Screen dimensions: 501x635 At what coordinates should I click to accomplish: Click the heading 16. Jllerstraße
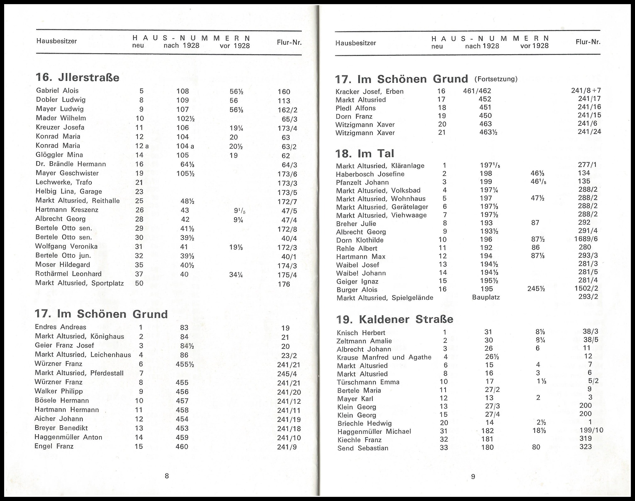pyautogui.click(x=77, y=77)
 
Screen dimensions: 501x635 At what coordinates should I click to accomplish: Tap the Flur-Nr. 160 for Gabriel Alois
pyautogui.click(x=284, y=92)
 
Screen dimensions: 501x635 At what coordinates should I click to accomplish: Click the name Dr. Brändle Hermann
pyautogui.click(x=71, y=164)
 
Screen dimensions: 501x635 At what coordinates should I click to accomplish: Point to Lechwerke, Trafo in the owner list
pyautogui.click(x=64, y=182)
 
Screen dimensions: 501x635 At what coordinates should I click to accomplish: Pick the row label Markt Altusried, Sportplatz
pyautogui.click(x=79, y=283)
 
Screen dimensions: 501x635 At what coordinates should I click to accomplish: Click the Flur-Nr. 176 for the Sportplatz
pyautogui.click(x=284, y=284)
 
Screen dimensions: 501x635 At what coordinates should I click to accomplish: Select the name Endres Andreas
pyautogui.click(x=60, y=327)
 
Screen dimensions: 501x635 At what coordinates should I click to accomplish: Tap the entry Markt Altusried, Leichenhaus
pyautogui.click(x=83, y=355)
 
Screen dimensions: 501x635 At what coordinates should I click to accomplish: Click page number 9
pyautogui.click(x=473, y=477)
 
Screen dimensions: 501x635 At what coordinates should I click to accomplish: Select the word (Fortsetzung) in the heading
pyautogui.click(x=496, y=79)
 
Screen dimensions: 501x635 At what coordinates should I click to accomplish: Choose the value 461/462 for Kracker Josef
pyautogui.click(x=477, y=91)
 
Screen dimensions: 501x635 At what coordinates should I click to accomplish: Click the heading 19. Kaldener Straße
pyautogui.click(x=395, y=319)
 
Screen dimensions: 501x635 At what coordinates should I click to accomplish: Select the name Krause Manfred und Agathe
pyautogui.click(x=384, y=357)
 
